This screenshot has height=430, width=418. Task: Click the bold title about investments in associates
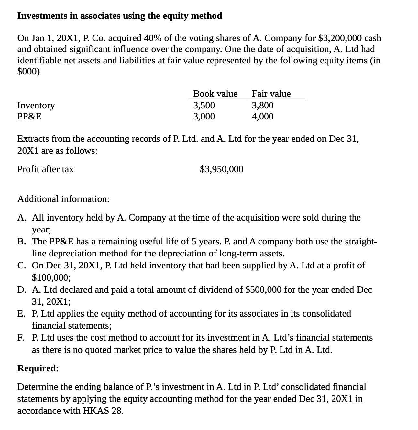pos(120,16)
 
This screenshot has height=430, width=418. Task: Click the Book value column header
pos(215,94)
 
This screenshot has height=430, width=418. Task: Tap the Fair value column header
pos(271,94)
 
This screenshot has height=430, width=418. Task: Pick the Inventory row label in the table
pos(36,106)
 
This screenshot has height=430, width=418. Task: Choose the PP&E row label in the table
pos(29,117)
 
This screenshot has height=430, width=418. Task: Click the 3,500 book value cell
pos(204,106)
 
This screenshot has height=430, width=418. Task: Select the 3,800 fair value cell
pos(262,106)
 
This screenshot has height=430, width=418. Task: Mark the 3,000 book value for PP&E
pos(204,117)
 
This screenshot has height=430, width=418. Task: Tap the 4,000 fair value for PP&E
pos(262,117)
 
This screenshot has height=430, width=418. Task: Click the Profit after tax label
pos(45,169)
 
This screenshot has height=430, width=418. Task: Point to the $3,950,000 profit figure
pos(222,169)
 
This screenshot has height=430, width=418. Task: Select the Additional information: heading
pos(63,199)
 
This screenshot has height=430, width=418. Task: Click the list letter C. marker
pos(22,266)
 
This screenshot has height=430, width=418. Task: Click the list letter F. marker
pos(21,338)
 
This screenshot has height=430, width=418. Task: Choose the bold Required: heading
pos(38,368)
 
